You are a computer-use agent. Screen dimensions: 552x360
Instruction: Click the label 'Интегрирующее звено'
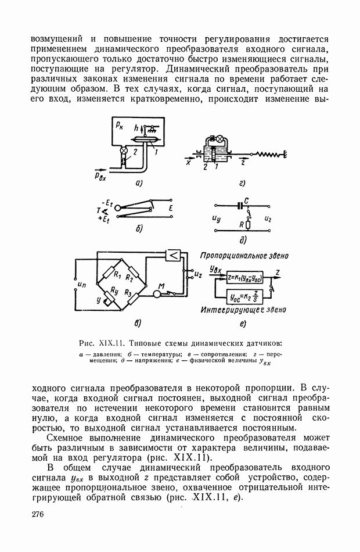[x=243, y=310]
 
